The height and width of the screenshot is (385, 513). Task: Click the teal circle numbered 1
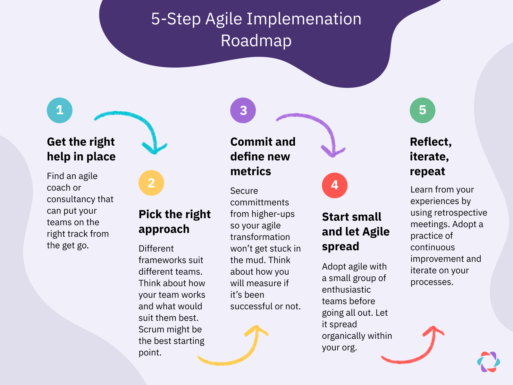point(60,110)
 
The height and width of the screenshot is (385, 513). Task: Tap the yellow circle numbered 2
point(151,183)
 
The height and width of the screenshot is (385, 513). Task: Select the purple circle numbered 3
point(243,110)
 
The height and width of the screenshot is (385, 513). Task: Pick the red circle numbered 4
point(335,185)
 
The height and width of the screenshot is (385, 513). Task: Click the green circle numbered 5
point(423,110)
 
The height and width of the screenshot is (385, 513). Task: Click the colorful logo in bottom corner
point(489,362)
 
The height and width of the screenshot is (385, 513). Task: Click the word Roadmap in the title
point(256,41)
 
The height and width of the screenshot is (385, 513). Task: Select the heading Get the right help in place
point(81,149)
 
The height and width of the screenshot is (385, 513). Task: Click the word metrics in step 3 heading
point(251,171)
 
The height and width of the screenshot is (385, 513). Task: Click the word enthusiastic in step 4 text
point(346,290)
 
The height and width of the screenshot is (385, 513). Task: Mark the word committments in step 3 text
point(259,202)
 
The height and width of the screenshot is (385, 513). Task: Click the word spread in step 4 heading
point(341,246)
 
